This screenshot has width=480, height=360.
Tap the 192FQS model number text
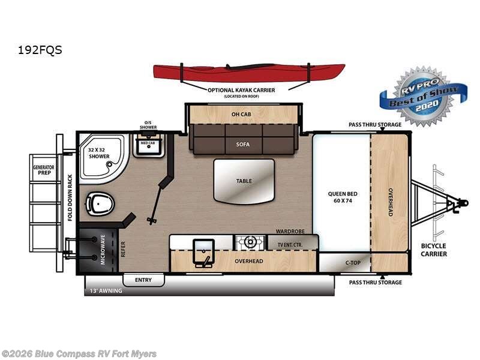[x=40, y=50]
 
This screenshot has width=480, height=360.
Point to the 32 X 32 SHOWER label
[x=99, y=152]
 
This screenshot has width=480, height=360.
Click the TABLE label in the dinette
[x=244, y=181]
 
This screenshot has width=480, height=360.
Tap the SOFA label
[x=242, y=145]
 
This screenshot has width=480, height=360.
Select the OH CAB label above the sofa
[x=242, y=113]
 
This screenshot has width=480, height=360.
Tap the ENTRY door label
[x=143, y=280]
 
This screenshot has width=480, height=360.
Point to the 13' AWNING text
[x=104, y=291]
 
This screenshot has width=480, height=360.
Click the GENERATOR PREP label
[x=42, y=170]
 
